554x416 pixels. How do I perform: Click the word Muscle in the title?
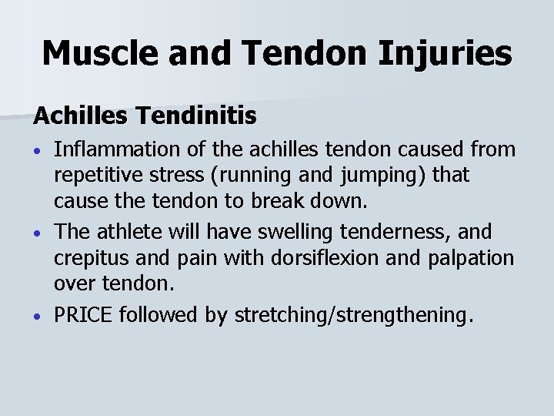(96, 53)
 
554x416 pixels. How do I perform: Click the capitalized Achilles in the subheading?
(80, 116)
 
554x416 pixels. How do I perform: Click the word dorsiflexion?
(327, 257)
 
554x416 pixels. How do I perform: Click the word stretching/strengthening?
(350, 314)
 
